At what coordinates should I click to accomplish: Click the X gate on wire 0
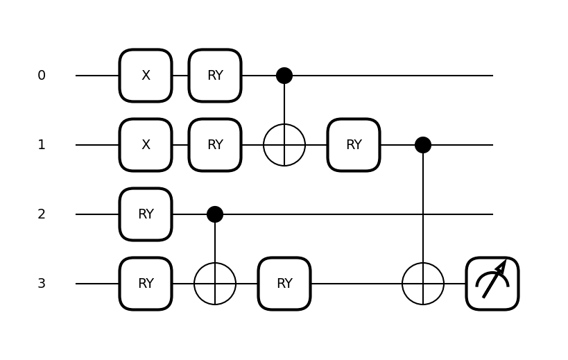click(x=146, y=76)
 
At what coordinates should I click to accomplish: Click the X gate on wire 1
click(x=146, y=145)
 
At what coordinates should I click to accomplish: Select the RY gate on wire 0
click(x=215, y=76)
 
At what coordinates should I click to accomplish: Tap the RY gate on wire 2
click(x=146, y=214)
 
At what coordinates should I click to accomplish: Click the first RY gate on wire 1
click(x=215, y=145)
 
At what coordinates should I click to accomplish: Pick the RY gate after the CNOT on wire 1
click(x=354, y=145)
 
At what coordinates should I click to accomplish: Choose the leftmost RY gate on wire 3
click(x=146, y=284)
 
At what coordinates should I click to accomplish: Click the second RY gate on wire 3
click(x=284, y=284)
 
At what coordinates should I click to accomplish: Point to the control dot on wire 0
click(x=284, y=76)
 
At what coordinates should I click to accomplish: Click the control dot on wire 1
click(x=423, y=145)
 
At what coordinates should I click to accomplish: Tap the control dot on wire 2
click(x=215, y=214)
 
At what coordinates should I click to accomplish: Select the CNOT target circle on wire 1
click(x=284, y=145)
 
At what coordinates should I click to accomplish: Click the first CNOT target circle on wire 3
click(x=215, y=284)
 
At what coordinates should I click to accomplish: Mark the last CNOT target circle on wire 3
click(x=423, y=284)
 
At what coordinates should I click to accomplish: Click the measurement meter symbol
click(x=492, y=284)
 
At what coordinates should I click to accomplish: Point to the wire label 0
click(x=42, y=76)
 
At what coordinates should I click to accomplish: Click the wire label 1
click(x=42, y=145)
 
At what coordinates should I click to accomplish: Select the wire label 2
click(x=42, y=214)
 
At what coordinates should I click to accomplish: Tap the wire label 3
click(x=42, y=284)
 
